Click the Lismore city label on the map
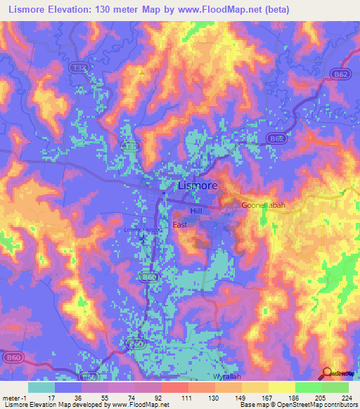198,186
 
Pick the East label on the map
180,225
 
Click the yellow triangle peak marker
141,72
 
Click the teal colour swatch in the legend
41,387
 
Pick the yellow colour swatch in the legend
282,387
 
